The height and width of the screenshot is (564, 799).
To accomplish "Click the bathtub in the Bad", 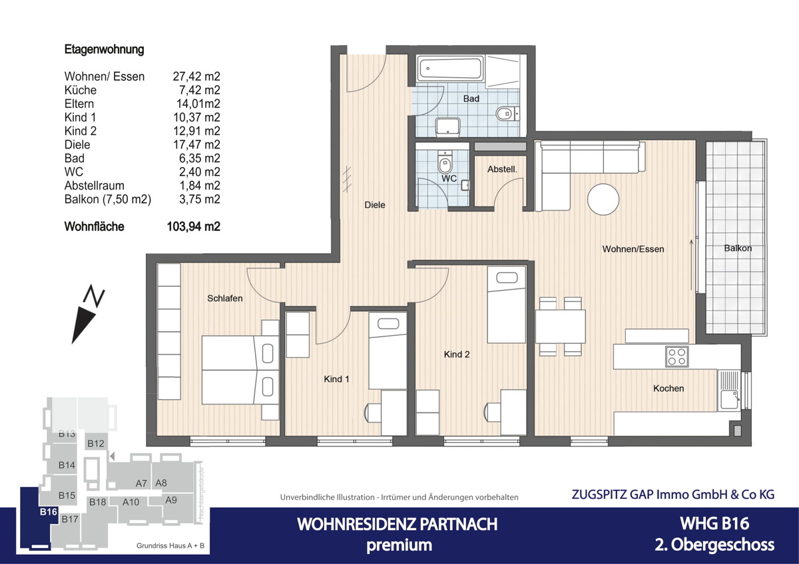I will click(449, 69).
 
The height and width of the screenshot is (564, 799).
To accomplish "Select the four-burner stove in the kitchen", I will click(677, 356).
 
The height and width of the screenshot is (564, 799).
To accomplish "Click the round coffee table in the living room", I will click(603, 199).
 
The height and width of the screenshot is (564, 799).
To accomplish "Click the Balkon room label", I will click(738, 248).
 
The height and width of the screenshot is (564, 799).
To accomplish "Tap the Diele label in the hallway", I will click(375, 205).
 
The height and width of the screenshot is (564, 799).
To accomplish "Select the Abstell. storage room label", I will click(502, 169).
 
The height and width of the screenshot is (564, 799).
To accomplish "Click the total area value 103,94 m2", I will click(193, 227).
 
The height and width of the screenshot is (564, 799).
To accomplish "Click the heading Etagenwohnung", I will click(104, 49).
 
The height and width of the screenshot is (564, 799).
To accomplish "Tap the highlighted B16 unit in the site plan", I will click(47, 511).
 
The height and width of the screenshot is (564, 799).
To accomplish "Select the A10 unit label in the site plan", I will click(131, 502).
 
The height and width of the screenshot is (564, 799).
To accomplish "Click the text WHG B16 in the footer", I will click(714, 523).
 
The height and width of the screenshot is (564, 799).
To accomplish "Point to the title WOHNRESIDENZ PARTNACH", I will click(397, 524).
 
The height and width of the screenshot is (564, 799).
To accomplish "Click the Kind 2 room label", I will click(457, 354).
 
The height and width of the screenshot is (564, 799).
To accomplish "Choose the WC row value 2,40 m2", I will click(196, 172).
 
